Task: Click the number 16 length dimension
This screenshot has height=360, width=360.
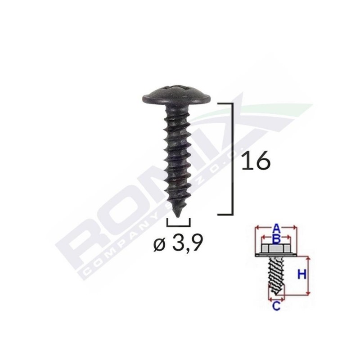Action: tap(255, 161)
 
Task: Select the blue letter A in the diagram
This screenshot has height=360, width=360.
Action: tap(278, 227)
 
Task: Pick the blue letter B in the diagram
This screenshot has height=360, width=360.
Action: tap(277, 238)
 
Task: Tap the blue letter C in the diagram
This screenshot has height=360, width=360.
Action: tap(277, 307)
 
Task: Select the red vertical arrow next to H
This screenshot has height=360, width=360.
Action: tap(309, 276)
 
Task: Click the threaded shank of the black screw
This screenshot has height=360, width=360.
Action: tap(177, 153)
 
